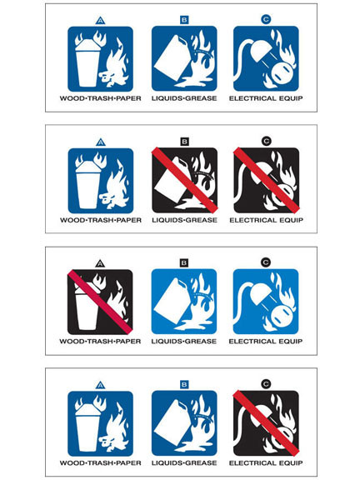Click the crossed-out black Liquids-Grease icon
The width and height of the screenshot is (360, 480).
[184, 179]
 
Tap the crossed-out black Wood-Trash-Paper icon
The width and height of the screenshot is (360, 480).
[100, 301]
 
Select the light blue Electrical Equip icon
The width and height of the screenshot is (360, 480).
[266, 301]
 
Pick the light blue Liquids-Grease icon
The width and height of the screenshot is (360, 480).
[184, 301]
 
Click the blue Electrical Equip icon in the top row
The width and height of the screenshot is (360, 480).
[266, 58]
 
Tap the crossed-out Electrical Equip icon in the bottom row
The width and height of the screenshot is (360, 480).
[266, 422]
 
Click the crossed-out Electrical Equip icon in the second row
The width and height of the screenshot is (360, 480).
[266, 179]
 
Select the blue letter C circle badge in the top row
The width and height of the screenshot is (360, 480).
[266, 18]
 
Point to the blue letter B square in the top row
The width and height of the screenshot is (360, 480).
[184, 18]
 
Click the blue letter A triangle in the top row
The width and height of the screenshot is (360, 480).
[100, 18]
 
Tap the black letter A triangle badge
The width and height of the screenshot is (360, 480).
[100, 262]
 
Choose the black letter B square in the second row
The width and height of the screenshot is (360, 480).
[184, 140]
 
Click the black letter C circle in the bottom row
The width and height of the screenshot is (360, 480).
[266, 382]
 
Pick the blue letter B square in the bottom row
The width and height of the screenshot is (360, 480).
[184, 382]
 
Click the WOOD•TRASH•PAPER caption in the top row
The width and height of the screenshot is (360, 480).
[100, 99]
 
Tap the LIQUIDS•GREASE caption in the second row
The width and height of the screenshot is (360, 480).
[184, 220]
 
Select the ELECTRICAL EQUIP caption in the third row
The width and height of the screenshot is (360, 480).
[266, 342]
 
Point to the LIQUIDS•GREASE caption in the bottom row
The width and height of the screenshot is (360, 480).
[184, 462]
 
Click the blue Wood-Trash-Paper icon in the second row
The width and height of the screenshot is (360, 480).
[100, 179]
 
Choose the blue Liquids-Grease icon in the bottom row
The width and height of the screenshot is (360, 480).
[184, 422]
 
